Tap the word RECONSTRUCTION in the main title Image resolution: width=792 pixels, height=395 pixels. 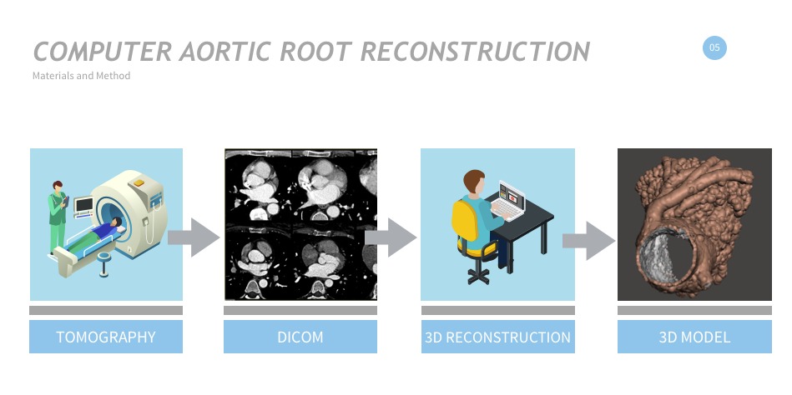tap(477, 52)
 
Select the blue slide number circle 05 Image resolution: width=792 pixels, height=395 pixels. tap(714, 48)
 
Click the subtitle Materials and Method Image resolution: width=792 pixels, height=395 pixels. tap(81, 76)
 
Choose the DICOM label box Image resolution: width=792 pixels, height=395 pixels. tap(300, 337)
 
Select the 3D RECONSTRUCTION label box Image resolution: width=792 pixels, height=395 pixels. tap(497, 337)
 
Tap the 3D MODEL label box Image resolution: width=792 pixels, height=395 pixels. tap(694, 337)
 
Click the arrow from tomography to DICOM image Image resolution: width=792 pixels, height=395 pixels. tap(194, 237)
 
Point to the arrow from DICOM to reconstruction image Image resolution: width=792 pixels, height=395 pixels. tap(391, 237)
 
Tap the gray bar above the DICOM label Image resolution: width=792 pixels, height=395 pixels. tap(300, 311)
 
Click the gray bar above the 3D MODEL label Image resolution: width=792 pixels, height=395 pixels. tap(694, 311)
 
